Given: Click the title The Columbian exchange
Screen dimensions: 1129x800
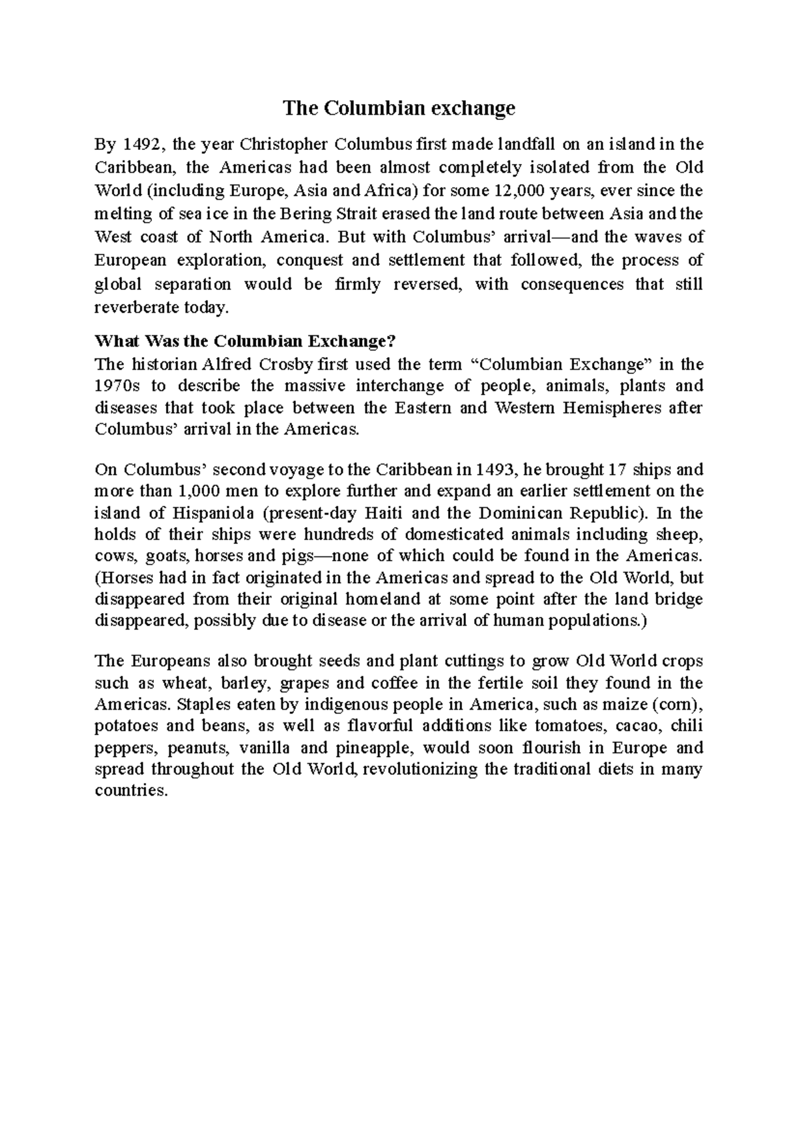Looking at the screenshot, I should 399,108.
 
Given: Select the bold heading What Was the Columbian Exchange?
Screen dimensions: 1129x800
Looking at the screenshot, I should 246,341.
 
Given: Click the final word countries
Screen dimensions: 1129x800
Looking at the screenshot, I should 129,791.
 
